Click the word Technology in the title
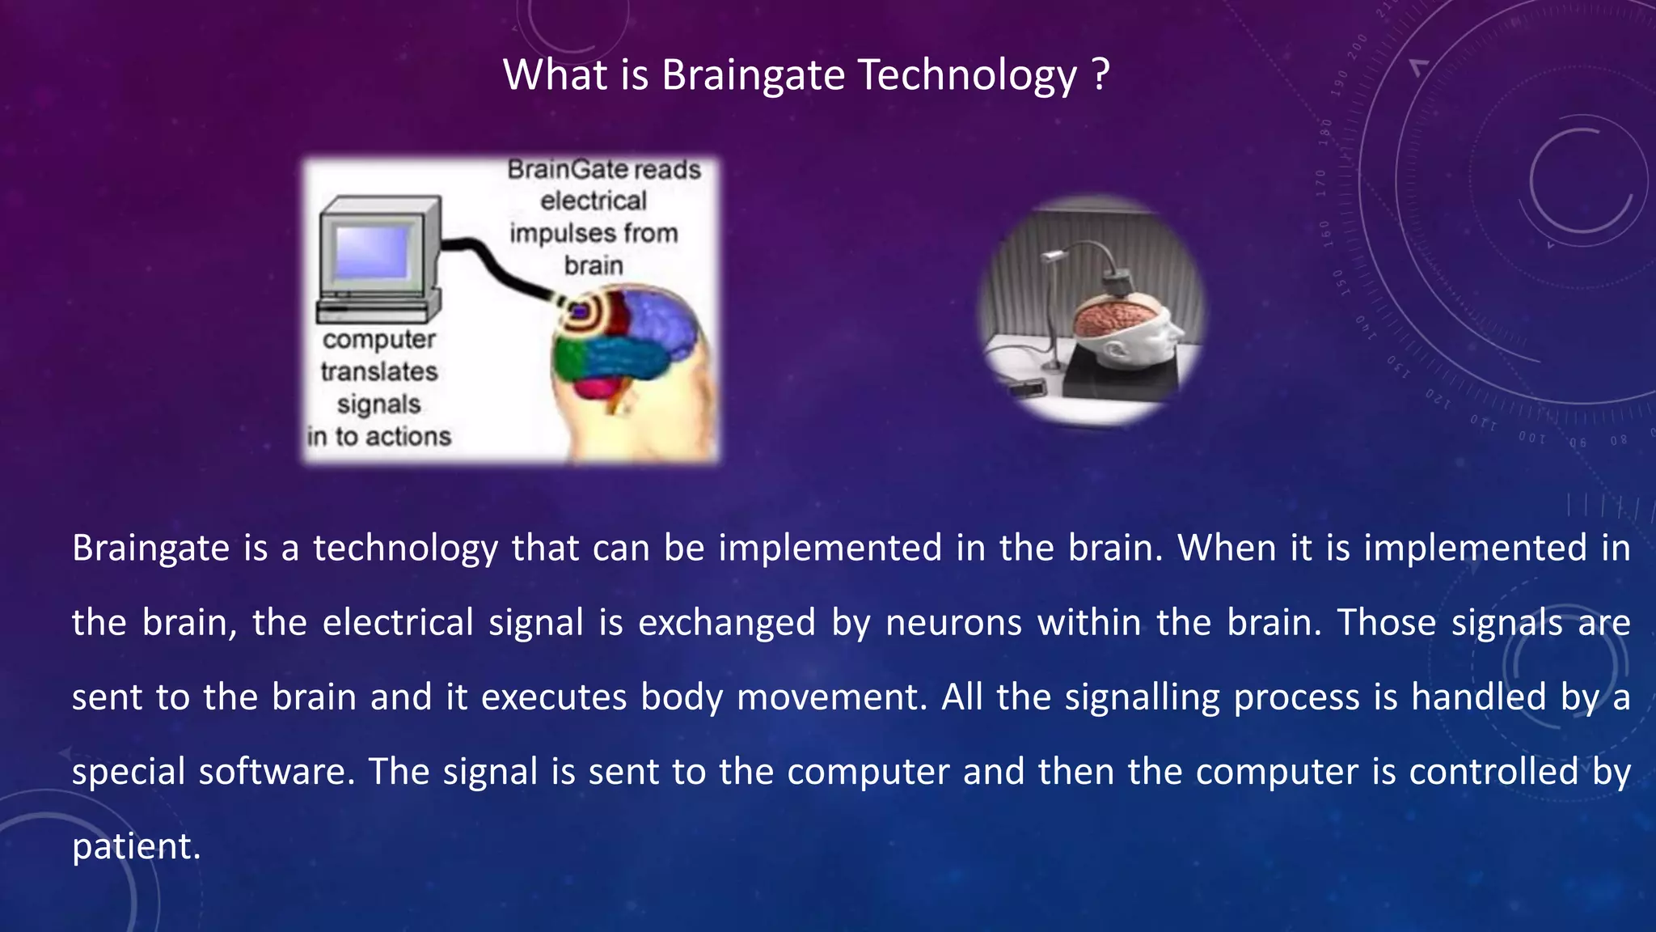[967, 75]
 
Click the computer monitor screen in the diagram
[373, 252]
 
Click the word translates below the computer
[378, 372]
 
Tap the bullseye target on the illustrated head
[580, 311]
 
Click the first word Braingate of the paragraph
[151, 549]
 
